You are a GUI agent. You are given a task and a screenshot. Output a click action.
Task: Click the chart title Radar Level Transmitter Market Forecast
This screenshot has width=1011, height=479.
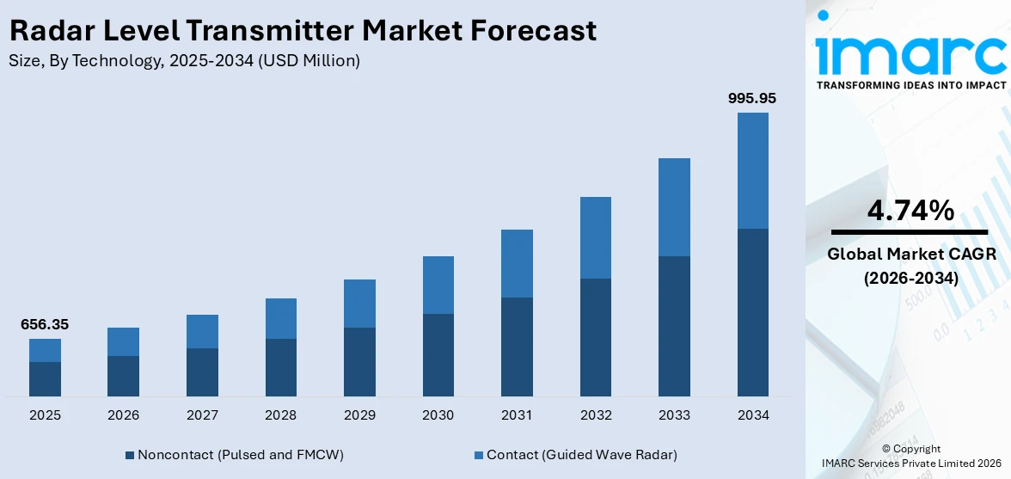pyautogui.click(x=302, y=31)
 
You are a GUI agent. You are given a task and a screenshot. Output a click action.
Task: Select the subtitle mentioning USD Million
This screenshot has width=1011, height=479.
pyautogui.click(x=184, y=61)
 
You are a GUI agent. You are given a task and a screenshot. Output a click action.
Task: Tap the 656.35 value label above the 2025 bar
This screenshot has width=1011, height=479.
pyautogui.click(x=45, y=325)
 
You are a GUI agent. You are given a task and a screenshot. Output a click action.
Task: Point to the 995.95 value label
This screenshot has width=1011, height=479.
pyautogui.click(x=752, y=99)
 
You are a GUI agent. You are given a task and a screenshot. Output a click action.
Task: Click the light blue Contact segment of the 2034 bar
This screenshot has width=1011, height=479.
pyautogui.click(x=752, y=170)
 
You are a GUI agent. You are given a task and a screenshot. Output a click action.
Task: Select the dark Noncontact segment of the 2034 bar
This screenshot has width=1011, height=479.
pyautogui.click(x=752, y=312)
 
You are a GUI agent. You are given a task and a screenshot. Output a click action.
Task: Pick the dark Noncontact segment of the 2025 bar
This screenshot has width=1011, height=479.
pyautogui.click(x=45, y=378)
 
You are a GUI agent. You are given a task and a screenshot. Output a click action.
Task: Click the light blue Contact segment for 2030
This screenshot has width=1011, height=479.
pyautogui.click(x=438, y=285)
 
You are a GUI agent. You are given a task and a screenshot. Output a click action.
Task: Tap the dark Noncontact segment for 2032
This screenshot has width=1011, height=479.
pyautogui.click(x=595, y=337)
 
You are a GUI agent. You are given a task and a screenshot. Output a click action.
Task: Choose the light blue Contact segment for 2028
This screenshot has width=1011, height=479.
pyautogui.click(x=280, y=318)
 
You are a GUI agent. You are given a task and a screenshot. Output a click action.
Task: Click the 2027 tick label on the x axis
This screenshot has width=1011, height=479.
pyautogui.click(x=202, y=415)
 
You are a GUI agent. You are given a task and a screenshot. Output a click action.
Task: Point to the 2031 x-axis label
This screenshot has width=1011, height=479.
pyautogui.click(x=517, y=415)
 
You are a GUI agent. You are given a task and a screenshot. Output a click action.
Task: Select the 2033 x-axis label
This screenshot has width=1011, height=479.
pyautogui.click(x=674, y=415)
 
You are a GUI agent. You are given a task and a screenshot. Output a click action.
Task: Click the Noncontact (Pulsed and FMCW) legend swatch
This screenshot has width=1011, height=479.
pyautogui.click(x=130, y=455)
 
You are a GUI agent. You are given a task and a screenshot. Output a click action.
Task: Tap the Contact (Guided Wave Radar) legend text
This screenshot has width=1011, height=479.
pyautogui.click(x=581, y=455)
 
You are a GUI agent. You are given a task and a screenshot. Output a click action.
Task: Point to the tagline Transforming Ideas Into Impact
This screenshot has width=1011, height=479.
pyautogui.click(x=910, y=85)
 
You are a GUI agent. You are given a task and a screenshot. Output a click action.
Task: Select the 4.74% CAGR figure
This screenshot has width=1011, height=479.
pyautogui.click(x=910, y=211)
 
